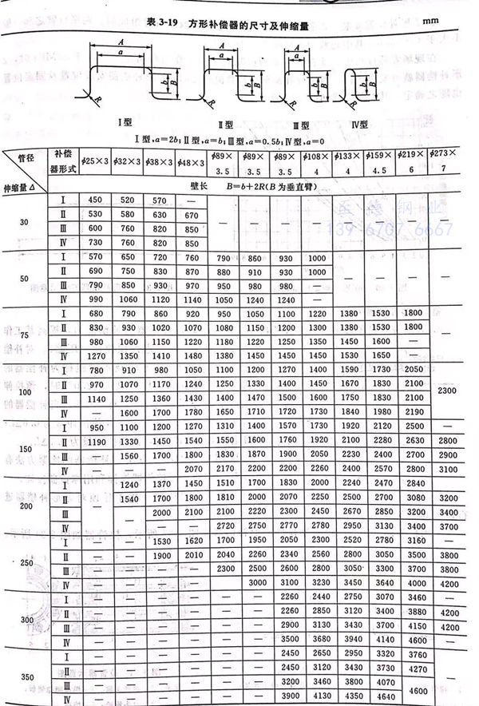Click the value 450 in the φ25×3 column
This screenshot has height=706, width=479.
(x=94, y=199)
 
